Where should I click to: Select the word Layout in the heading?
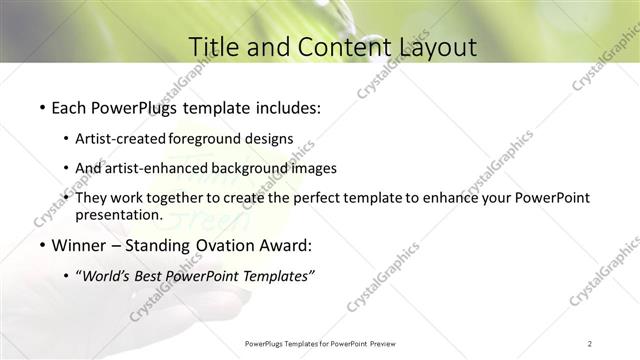pyautogui.click(x=435, y=47)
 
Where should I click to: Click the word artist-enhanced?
pyautogui.click(x=173, y=168)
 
